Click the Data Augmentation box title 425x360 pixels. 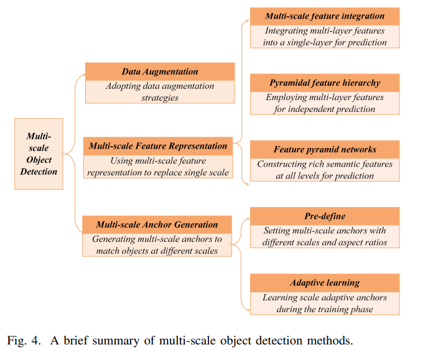pos(160,72)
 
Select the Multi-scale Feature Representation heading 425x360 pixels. pos(158,146)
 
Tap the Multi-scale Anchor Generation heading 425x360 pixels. pos(157,224)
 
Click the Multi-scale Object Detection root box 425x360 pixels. pos(39,154)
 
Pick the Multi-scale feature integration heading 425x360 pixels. pos(325,16)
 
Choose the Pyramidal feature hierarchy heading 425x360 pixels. pos(325,83)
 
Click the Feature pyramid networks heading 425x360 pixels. pos(325,149)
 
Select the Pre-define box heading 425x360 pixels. pos(325,216)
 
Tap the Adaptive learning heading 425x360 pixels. pos(325,283)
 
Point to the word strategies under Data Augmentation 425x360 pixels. pos(160,98)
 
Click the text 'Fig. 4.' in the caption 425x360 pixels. pos(24,341)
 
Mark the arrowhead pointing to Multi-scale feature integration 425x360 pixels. pos(247,20)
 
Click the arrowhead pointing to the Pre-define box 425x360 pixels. pos(248,218)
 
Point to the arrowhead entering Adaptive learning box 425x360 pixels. pos(248,310)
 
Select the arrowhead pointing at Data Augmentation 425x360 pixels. pos(83,74)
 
